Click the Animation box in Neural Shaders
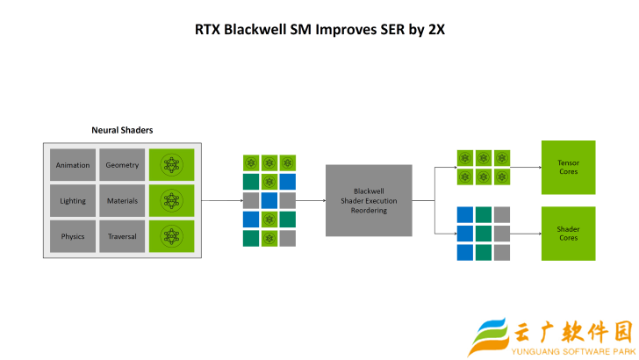[x=73, y=165]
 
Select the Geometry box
[x=122, y=165]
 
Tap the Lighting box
[x=73, y=200]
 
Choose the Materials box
[x=122, y=200]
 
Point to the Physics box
[x=73, y=236]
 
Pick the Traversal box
[x=122, y=236]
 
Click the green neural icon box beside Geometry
[x=171, y=165]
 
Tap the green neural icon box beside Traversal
[x=171, y=236]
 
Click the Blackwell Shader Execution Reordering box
[x=369, y=200]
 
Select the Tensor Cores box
[x=569, y=167]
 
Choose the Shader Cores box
[x=569, y=234]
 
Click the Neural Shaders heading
[x=122, y=130]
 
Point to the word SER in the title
[x=394, y=29]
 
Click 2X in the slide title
[x=436, y=29]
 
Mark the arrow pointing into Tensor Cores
[x=526, y=167]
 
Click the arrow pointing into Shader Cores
[x=526, y=234]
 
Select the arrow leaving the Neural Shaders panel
[x=222, y=200]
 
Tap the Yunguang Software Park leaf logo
[x=489, y=336]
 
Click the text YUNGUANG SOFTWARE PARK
[x=573, y=352]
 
